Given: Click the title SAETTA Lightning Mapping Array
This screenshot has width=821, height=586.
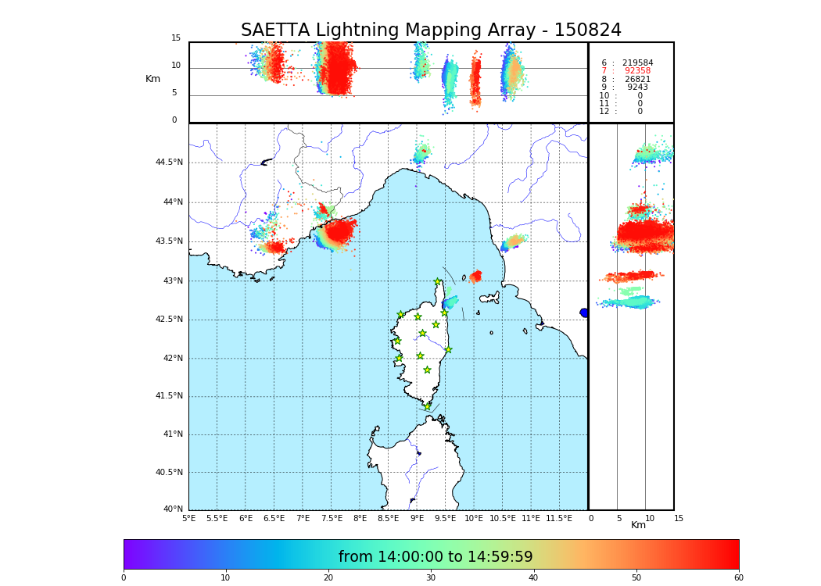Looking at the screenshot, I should click(x=431, y=30).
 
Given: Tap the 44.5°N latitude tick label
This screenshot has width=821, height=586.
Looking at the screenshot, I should click(x=168, y=163).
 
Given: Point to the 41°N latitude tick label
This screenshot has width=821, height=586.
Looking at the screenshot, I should click(x=170, y=434).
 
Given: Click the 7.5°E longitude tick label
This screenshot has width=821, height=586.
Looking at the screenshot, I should click(x=332, y=518).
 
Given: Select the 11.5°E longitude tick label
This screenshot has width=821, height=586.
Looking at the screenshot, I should click(x=558, y=518).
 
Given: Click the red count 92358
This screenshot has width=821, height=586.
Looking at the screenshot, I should click(x=637, y=71).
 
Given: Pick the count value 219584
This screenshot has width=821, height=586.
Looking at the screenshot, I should click(x=637, y=63).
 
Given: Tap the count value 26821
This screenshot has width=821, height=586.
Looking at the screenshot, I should click(x=637, y=80).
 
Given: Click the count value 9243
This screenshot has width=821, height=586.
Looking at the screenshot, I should click(x=637, y=88).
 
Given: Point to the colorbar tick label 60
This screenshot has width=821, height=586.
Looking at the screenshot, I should click(x=738, y=578).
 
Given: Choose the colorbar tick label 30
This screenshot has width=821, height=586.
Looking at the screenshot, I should click(x=431, y=578).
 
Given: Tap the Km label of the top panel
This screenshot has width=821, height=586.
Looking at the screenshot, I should click(x=153, y=79).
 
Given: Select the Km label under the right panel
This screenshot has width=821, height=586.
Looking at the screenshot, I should click(x=639, y=525).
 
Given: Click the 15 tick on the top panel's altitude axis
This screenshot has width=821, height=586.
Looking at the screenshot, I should click(x=176, y=38).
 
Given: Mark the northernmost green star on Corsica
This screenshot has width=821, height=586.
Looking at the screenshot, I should click(x=438, y=282).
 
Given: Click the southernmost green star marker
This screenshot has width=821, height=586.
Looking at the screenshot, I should click(x=427, y=406).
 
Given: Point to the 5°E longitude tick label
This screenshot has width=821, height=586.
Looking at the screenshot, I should click(x=189, y=518).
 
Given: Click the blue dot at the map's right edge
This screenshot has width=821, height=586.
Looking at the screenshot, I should click(x=584, y=313).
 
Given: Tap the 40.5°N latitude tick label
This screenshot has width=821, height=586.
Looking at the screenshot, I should click(x=168, y=473).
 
